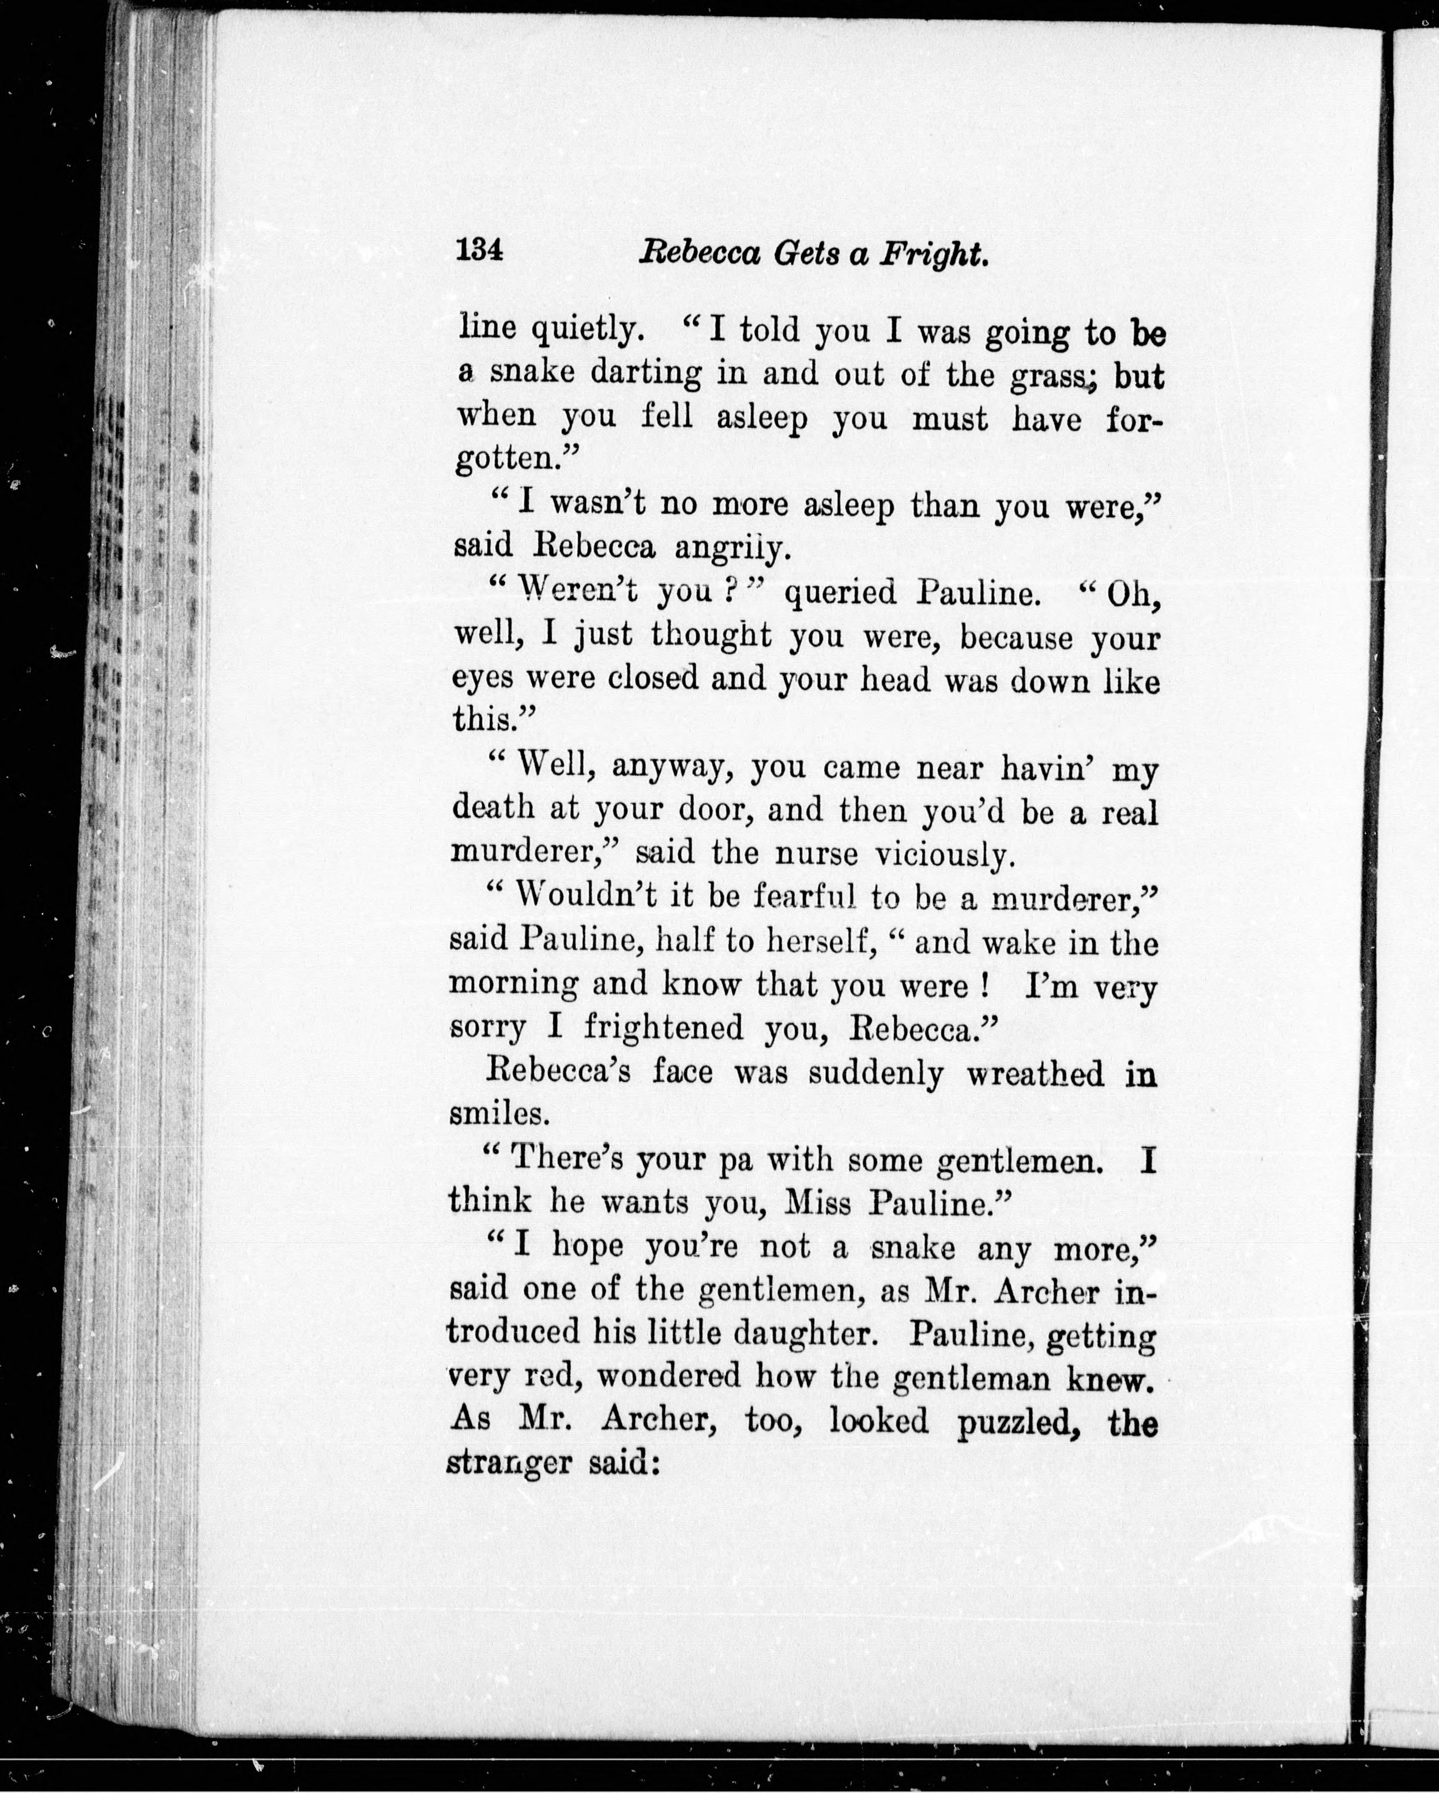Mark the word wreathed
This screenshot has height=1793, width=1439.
1036,1074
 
